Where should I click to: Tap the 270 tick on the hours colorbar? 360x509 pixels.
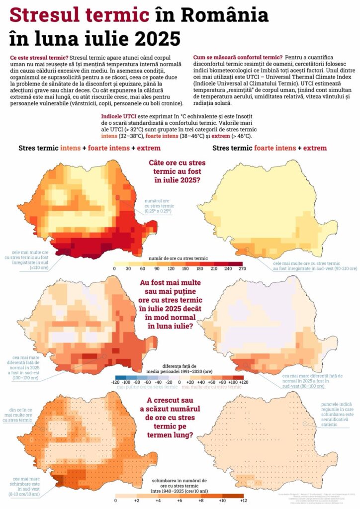coord(242,269)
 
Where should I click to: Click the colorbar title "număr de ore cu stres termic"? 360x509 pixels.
coord(178,258)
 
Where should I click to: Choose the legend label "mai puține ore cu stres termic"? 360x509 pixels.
coord(147,387)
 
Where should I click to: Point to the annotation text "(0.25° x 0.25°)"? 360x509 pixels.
coord(158,211)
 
